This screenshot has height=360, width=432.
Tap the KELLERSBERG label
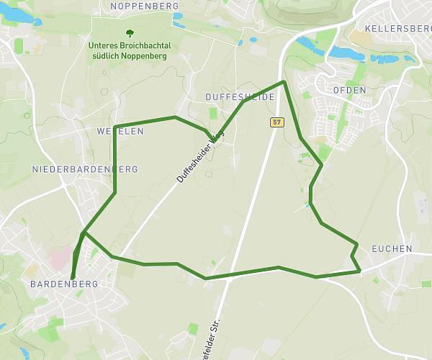[x=397, y=28]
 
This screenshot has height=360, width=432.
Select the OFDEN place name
[x=350, y=90]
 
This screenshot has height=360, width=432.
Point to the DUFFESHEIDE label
[x=240, y=96]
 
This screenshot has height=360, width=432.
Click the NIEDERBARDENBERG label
[x=85, y=169]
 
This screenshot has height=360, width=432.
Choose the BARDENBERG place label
[x=64, y=284]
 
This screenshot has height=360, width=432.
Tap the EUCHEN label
[x=392, y=249]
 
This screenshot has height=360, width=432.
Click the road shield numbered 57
[x=277, y=122]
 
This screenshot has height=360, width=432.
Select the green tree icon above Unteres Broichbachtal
[x=130, y=33]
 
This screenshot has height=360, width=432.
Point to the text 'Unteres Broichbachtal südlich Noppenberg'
[x=130, y=49]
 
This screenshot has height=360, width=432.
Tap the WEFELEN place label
[x=120, y=132]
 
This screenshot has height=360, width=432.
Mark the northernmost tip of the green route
[x=284, y=82]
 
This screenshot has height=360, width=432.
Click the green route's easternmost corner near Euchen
[x=359, y=271]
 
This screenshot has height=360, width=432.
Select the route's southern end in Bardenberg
[x=73, y=277]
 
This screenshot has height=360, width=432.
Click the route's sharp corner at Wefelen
[x=115, y=127]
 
